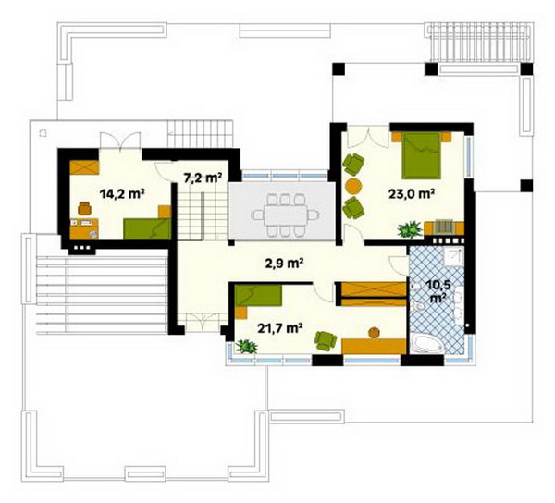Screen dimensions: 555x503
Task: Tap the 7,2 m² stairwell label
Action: (x=203, y=178)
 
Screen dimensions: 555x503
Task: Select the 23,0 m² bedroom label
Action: (x=412, y=194)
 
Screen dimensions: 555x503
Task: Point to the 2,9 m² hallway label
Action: (x=285, y=264)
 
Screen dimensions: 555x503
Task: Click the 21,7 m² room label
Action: (x=279, y=328)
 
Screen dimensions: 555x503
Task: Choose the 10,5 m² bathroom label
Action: (x=438, y=291)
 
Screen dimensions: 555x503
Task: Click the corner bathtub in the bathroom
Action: (x=427, y=343)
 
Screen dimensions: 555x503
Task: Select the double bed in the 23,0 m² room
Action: (x=422, y=155)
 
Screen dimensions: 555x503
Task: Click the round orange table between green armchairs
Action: (x=353, y=186)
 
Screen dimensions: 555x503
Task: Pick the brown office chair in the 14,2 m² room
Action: (x=84, y=208)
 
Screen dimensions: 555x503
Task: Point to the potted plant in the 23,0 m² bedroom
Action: (x=410, y=229)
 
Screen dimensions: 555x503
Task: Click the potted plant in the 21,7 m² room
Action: (x=246, y=347)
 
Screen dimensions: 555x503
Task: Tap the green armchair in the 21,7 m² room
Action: (x=326, y=341)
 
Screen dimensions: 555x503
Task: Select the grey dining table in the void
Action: (x=285, y=215)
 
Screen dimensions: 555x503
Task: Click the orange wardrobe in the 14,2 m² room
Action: (x=84, y=167)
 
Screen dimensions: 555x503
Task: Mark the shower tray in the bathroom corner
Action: (x=454, y=256)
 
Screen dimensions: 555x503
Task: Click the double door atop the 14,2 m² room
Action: (x=120, y=141)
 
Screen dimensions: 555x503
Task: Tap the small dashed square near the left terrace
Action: (x=43, y=133)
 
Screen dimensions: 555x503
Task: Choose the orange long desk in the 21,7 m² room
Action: (x=374, y=346)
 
